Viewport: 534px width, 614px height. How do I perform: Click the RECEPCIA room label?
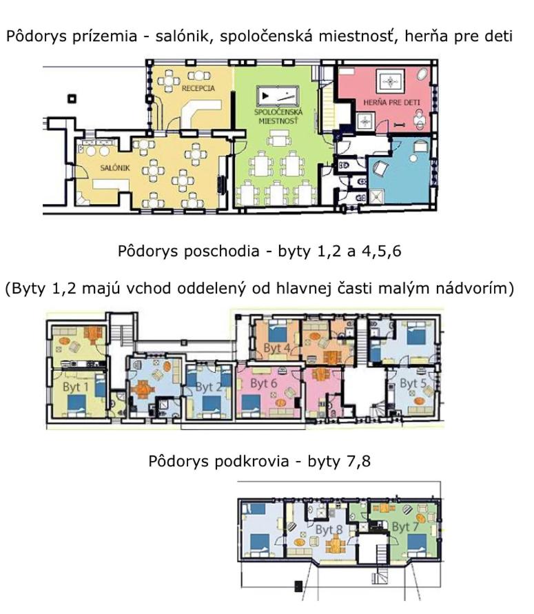[x=198, y=88]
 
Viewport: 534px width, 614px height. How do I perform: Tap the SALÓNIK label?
[x=114, y=168]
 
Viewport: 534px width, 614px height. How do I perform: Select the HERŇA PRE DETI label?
[x=391, y=103]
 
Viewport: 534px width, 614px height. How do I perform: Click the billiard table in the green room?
[x=278, y=96]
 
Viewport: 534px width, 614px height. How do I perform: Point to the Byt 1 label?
[x=76, y=387]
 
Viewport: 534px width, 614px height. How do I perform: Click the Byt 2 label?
[x=209, y=387]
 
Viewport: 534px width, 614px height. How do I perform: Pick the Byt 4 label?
[x=277, y=348]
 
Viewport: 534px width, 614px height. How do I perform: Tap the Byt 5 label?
[x=413, y=383]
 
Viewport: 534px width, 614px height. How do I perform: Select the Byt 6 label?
[x=263, y=383]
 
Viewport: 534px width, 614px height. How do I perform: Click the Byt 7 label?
[x=405, y=527]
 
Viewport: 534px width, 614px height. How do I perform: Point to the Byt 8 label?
[x=329, y=530]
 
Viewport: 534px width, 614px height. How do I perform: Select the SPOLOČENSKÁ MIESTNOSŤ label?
[x=278, y=116]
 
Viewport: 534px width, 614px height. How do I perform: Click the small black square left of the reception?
[x=72, y=99]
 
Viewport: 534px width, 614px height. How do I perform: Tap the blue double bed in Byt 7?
[x=417, y=543]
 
